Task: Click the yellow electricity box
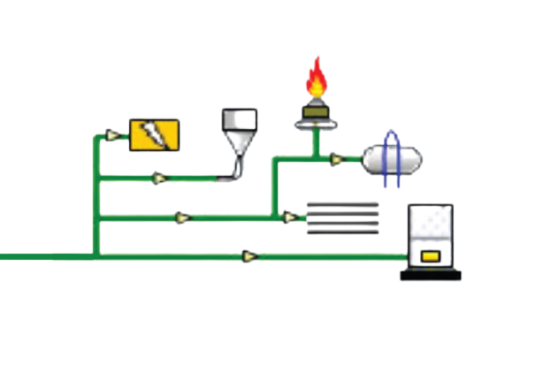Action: pyautogui.click(x=155, y=135)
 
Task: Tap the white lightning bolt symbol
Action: pyautogui.click(x=155, y=135)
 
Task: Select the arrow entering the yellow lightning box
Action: pyautogui.click(x=111, y=135)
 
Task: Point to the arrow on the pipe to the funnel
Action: pyautogui.click(x=159, y=179)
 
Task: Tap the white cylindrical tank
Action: pyautogui.click(x=392, y=159)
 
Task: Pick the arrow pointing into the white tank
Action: pyautogui.click(x=336, y=160)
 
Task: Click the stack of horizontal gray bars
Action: pyautogui.click(x=343, y=217)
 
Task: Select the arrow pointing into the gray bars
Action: pyautogui.click(x=289, y=217)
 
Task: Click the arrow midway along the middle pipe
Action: pyautogui.click(x=182, y=217)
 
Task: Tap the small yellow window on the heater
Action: pyautogui.click(x=430, y=256)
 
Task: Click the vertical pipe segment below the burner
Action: pyautogui.click(x=314, y=144)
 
